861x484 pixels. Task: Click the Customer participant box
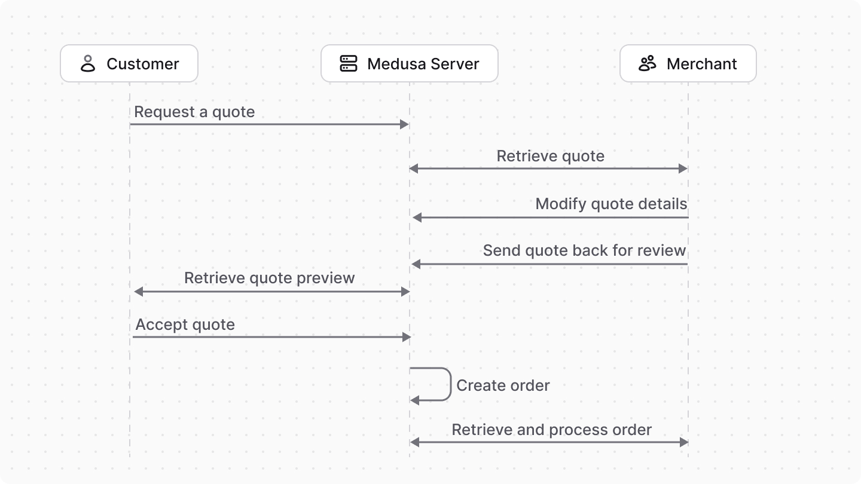(129, 63)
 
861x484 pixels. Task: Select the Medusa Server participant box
(409, 63)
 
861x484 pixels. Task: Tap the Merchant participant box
(688, 63)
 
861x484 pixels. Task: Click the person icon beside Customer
(88, 63)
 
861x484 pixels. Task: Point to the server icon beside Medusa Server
(348, 63)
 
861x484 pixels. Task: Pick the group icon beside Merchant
(647, 63)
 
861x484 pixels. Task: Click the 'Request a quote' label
(194, 112)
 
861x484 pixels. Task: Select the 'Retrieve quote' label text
(550, 156)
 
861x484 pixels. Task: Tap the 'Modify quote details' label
(611, 204)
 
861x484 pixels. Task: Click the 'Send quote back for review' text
(584, 250)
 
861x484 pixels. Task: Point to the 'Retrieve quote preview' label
(269, 278)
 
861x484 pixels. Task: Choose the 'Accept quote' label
(185, 324)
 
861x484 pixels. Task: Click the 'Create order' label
(503, 385)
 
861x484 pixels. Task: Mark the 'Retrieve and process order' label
(551, 430)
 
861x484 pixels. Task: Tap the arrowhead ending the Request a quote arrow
(404, 124)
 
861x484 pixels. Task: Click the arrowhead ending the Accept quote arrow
(407, 337)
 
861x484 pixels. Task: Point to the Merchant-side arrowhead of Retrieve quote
(683, 169)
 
